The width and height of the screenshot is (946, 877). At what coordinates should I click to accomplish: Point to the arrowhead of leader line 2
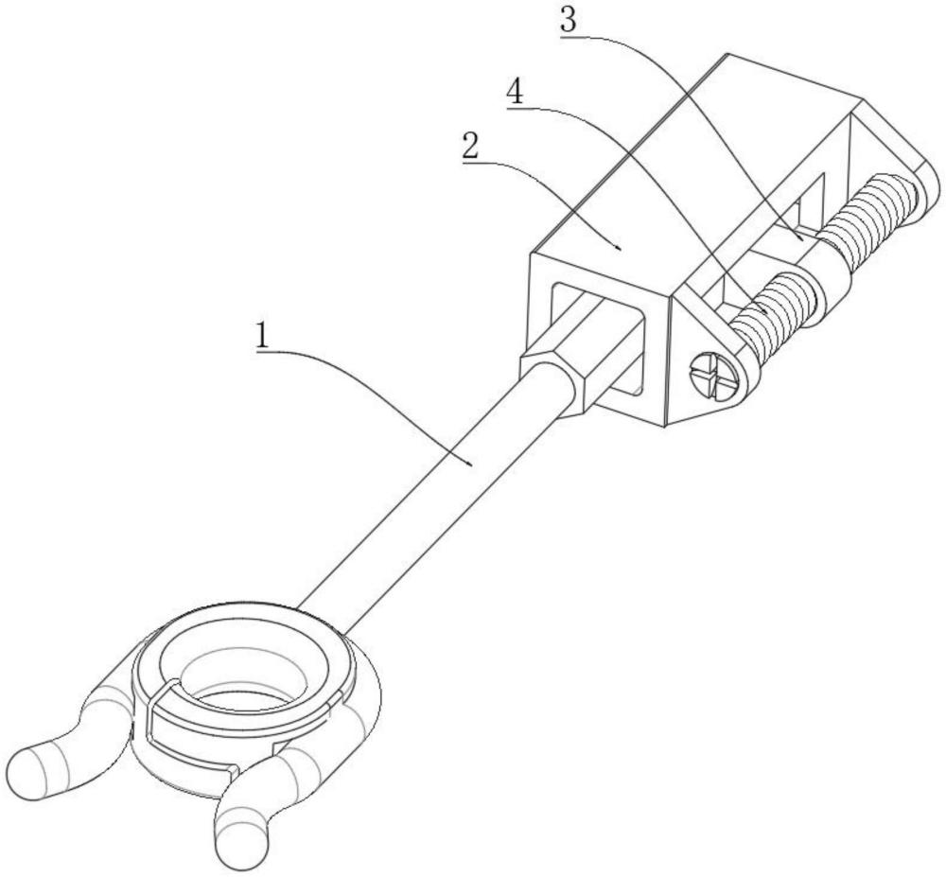(620, 249)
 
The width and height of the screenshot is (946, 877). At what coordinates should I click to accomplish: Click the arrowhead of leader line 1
(473, 464)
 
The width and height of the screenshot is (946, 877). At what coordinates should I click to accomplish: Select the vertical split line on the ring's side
(149, 728)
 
